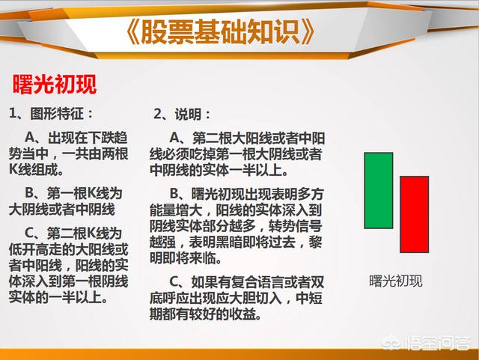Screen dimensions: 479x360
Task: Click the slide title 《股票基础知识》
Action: click(x=219, y=31)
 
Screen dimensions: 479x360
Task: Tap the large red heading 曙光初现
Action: click(x=55, y=84)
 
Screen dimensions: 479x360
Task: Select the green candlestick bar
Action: click(x=379, y=190)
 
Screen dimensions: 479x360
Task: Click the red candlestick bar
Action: click(x=414, y=214)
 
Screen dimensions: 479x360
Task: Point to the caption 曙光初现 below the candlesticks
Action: click(x=396, y=281)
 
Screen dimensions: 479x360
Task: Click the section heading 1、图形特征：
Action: click(x=51, y=114)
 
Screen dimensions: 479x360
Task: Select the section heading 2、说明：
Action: click(x=182, y=115)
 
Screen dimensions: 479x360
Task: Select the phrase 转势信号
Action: click(x=296, y=226)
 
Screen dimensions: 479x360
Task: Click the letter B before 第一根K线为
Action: click(x=29, y=193)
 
